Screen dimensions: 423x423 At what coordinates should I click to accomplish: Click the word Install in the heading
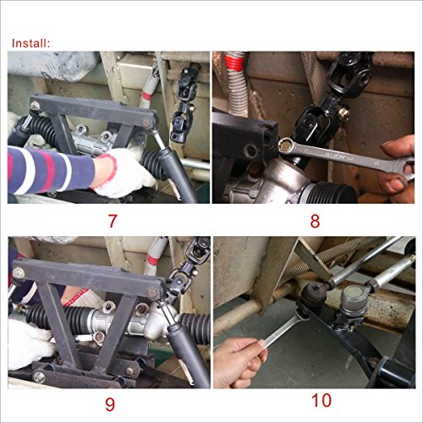[30, 41]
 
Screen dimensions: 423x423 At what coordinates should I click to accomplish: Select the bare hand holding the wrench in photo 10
[239, 362]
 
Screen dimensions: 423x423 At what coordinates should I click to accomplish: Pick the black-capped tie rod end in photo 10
[316, 298]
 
